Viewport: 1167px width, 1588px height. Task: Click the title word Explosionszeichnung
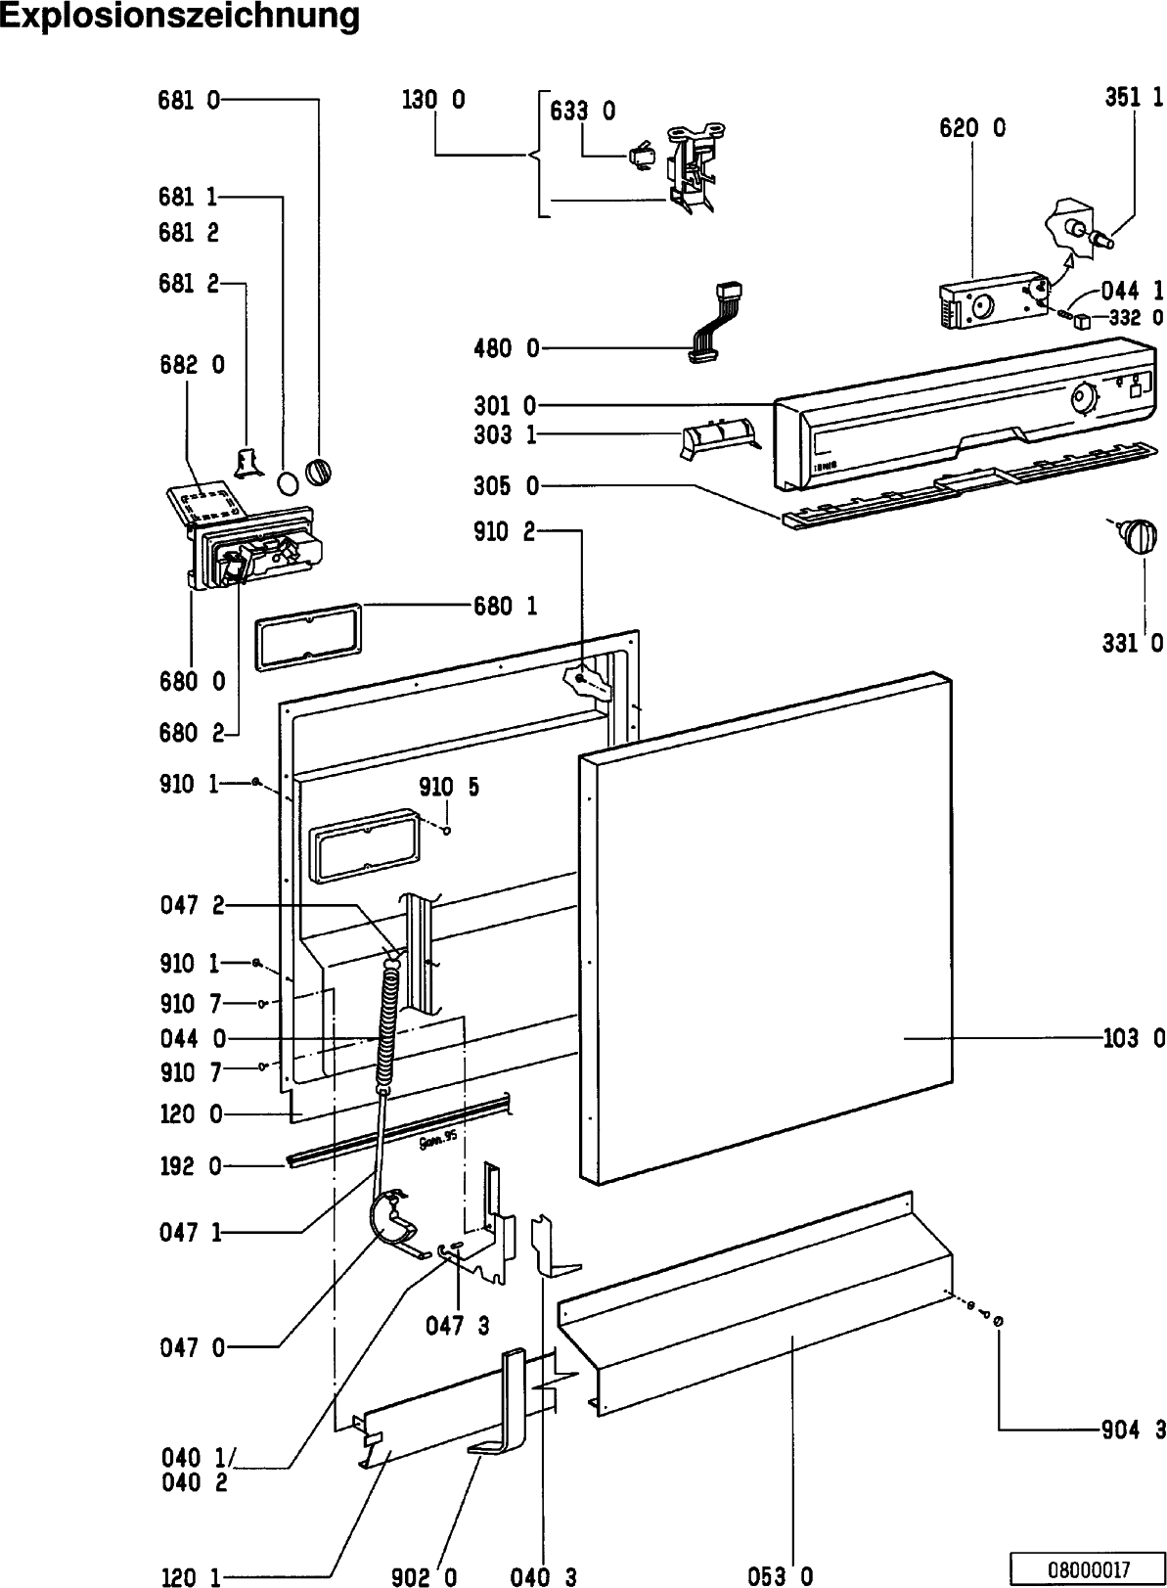point(180,17)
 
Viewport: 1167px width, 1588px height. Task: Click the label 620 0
point(972,128)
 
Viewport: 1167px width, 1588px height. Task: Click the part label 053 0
point(781,1575)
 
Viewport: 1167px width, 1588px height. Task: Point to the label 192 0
point(190,1165)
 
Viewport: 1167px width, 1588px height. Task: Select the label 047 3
point(458,1327)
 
